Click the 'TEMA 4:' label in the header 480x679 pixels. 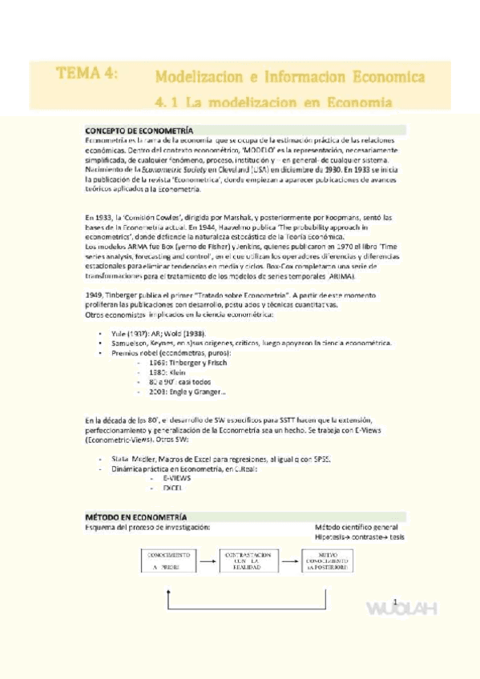point(87,74)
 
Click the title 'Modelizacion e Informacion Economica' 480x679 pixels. point(289,78)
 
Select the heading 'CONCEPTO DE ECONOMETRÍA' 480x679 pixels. point(139,130)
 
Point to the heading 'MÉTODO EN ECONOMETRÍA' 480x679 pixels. point(136,517)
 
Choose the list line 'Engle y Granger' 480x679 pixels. point(183,391)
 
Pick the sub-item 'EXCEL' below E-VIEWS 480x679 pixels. point(172,487)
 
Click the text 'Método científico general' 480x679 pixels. point(356,527)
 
